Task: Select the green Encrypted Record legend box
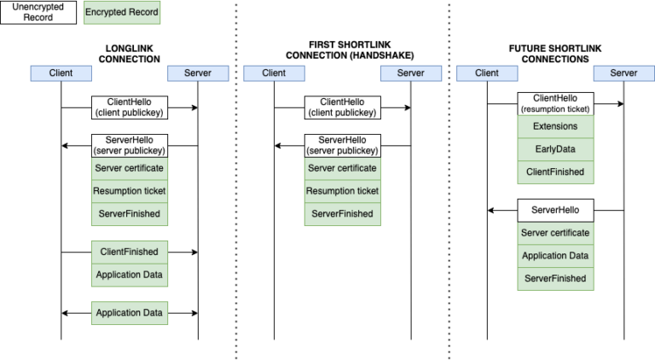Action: click(122, 13)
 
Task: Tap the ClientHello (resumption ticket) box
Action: click(555, 104)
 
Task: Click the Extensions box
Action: click(555, 126)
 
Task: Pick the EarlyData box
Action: click(555, 149)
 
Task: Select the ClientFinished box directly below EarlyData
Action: click(555, 172)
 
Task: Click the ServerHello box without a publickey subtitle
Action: click(555, 210)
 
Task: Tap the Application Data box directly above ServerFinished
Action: click(555, 256)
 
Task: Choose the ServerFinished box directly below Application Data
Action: click(555, 279)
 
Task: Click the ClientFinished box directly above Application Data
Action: click(130, 252)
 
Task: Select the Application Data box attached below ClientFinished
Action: click(130, 275)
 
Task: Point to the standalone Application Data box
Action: click(130, 313)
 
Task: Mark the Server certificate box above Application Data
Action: click(555, 233)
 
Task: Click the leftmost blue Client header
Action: click(61, 73)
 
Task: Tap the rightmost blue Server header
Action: click(623, 73)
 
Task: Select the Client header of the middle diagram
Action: click(274, 73)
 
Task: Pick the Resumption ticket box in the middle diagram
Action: click(343, 191)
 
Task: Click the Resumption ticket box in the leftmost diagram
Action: click(130, 191)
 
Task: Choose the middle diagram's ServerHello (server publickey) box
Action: click(343, 145)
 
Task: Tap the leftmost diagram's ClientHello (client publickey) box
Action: click(130, 107)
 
